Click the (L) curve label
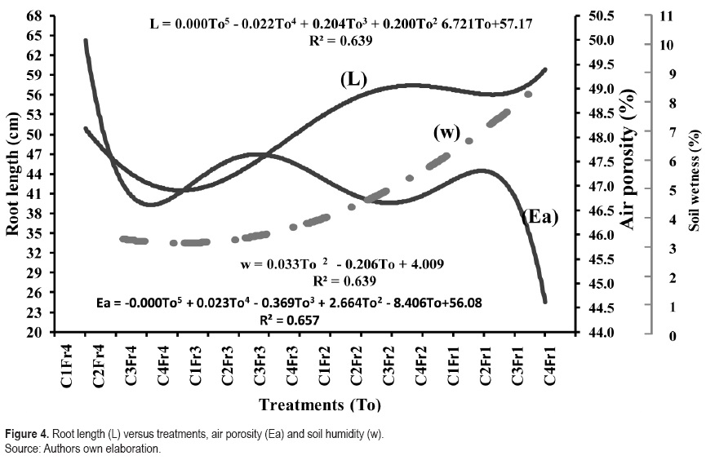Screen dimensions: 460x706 353,79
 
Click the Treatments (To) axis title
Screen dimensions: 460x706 320,405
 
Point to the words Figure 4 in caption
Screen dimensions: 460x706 24,434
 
